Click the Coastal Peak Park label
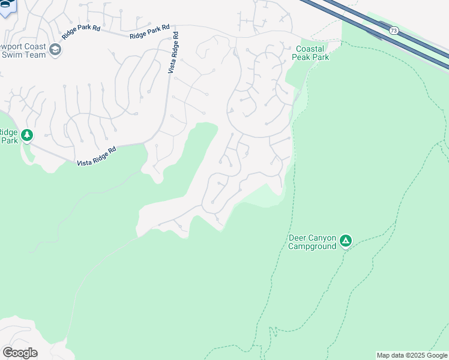point(310,53)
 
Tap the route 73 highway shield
point(393,30)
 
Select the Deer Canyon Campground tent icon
point(345,241)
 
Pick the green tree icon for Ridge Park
point(26,136)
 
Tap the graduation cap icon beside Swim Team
point(56,49)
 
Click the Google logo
point(19,352)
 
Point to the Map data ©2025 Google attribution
point(412,355)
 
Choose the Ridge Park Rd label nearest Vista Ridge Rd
point(149,32)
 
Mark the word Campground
point(312,246)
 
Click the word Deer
point(298,238)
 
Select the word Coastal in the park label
point(310,49)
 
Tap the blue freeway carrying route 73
point(420,42)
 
